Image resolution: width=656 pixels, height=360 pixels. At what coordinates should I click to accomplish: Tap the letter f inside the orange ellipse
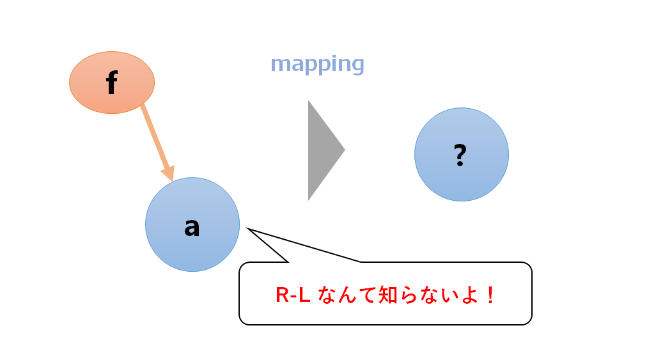point(112,83)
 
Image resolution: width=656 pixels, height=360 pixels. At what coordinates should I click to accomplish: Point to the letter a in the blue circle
point(192,226)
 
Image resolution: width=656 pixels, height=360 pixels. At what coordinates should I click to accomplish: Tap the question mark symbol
point(460,155)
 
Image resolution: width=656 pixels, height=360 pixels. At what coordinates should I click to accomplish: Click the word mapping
point(317,64)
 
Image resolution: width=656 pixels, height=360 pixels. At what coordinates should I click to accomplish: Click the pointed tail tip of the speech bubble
point(248,229)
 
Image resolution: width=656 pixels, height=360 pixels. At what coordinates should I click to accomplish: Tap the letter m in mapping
point(280,64)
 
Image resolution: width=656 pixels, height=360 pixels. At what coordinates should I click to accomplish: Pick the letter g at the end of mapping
point(357,65)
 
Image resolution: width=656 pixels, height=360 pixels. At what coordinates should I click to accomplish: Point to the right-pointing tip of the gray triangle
point(344,150)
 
